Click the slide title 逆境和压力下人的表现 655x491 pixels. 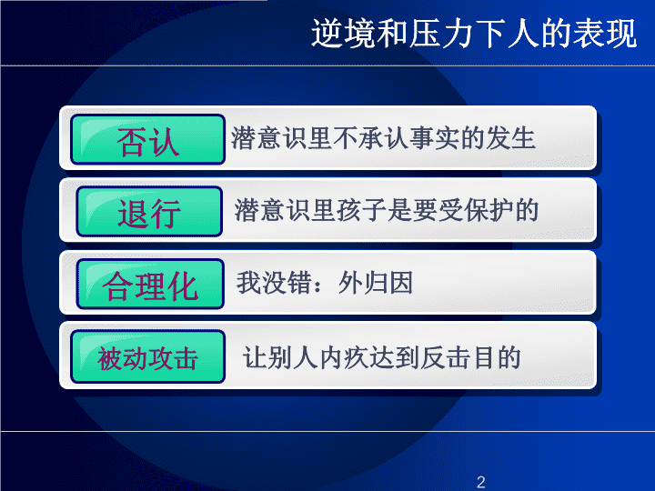(474, 33)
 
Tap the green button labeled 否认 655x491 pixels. (148, 139)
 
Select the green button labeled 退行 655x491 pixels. (149, 211)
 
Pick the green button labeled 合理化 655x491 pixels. (150, 284)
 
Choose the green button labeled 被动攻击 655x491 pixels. (148, 356)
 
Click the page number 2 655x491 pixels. (481, 482)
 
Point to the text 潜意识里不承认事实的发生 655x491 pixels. (383, 138)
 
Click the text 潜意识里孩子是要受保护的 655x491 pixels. (387, 210)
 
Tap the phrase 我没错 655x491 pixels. (274, 283)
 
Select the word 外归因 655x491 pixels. (376, 283)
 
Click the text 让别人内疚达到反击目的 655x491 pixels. (382, 358)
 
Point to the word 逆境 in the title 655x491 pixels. (343, 33)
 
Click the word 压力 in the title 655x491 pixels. (441, 33)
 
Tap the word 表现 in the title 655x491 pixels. (605, 33)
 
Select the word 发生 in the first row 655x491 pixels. (510, 138)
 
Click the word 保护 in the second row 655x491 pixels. (488, 210)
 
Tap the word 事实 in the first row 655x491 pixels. (434, 138)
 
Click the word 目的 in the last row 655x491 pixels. (497, 358)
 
